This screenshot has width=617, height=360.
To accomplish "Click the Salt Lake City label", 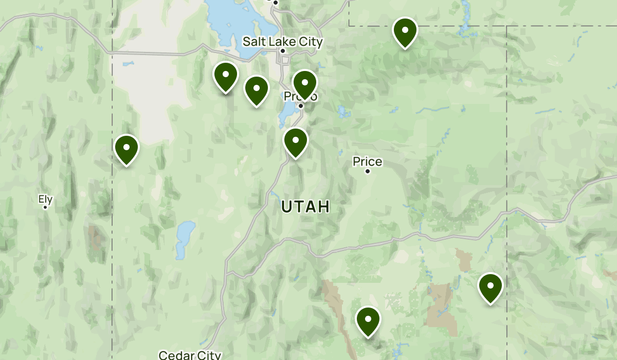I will [x=282, y=42].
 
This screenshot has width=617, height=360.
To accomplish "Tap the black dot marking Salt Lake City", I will [x=283, y=51].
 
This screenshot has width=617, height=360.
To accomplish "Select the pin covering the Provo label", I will [x=305, y=84].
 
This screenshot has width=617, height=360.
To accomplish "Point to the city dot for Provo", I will [x=301, y=106].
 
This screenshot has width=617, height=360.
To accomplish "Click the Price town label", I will [x=367, y=161].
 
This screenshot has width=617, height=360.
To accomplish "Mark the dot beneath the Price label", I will [x=368, y=171].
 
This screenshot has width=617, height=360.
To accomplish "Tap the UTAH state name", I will [x=305, y=207].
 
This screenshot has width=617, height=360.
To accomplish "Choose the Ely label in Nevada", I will [x=45, y=199].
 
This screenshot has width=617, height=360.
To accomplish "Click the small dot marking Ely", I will [x=45, y=207].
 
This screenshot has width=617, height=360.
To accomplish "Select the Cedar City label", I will [x=190, y=355].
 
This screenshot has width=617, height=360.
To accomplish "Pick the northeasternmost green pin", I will [x=405, y=32].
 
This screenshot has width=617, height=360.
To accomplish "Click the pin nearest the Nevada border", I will [x=126, y=149].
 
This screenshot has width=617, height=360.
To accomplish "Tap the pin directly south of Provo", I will [x=296, y=141].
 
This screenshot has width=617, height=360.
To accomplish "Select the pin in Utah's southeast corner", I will [x=491, y=287].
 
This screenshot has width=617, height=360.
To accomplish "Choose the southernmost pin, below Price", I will [x=368, y=321].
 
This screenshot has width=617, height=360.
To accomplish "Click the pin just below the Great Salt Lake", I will [x=226, y=76].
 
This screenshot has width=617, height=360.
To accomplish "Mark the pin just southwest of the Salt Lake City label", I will [x=257, y=90].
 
